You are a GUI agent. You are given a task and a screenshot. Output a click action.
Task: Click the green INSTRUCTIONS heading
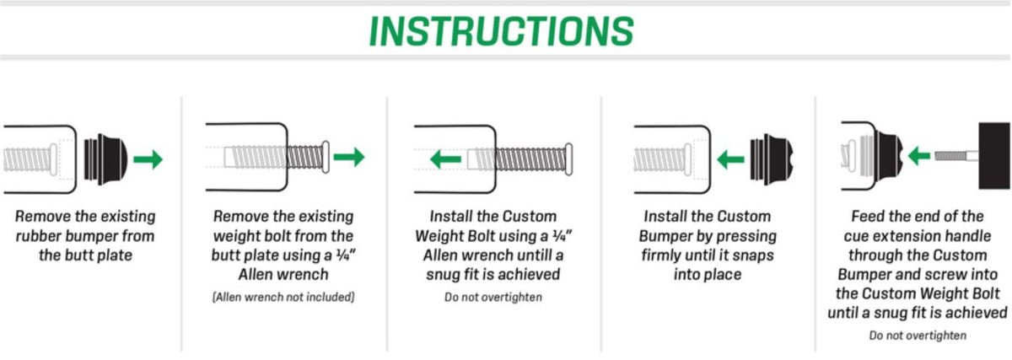(x=502, y=31)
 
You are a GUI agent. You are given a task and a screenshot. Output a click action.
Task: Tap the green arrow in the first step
(x=148, y=159)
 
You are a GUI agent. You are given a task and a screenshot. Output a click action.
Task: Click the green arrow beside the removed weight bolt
(x=349, y=157)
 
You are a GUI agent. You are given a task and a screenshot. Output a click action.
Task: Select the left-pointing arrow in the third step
(x=445, y=159)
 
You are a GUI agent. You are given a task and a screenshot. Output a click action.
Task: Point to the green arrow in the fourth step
(x=730, y=159)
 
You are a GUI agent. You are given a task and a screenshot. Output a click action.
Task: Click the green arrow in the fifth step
(x=919, y=156)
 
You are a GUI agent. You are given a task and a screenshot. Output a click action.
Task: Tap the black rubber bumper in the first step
(x=105, y=159)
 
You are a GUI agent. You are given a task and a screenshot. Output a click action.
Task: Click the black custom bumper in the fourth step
(x=772, y=159)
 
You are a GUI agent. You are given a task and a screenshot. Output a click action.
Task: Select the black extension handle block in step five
(x=994, y=156)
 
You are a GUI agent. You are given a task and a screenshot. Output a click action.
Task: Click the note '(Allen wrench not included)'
(x=283, y=298)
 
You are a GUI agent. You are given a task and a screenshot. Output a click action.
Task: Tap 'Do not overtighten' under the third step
(x=493, y=298)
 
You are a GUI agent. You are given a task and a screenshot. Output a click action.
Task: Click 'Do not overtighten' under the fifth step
(x=918, y=336)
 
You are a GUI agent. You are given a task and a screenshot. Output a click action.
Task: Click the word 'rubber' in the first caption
(x=39, y=236)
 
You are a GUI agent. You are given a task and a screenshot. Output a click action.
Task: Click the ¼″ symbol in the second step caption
(x=346, y=255)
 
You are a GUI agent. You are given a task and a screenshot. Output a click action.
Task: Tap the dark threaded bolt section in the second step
(x=305, y=157)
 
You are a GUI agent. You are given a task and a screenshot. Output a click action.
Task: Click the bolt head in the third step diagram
(x=568, y=159)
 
